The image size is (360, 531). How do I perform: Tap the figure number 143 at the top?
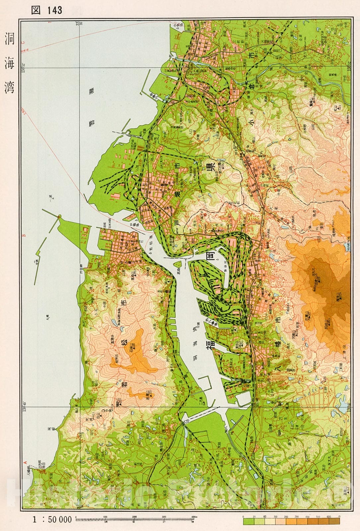54,10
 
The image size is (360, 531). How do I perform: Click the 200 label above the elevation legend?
286,517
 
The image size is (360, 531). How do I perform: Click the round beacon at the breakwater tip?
60,217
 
